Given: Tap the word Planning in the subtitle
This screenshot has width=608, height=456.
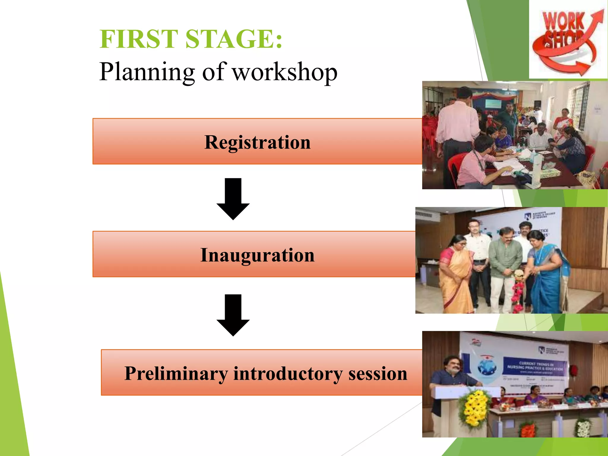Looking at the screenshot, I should tap(147, 72).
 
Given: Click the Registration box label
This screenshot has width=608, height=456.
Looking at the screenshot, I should tap(257, 142).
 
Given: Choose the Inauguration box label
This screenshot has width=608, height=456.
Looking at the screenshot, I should tap(257, 255).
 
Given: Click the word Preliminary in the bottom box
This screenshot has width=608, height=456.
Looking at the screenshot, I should tap(176, 373).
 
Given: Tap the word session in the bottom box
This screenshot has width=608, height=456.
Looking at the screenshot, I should tap(378, 373).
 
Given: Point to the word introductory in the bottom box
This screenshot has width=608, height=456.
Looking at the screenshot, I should tap(288, 373).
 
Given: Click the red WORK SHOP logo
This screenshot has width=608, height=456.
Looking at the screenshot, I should tap(568, 40).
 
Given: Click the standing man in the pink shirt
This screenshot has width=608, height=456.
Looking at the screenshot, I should tap(456, 125).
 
